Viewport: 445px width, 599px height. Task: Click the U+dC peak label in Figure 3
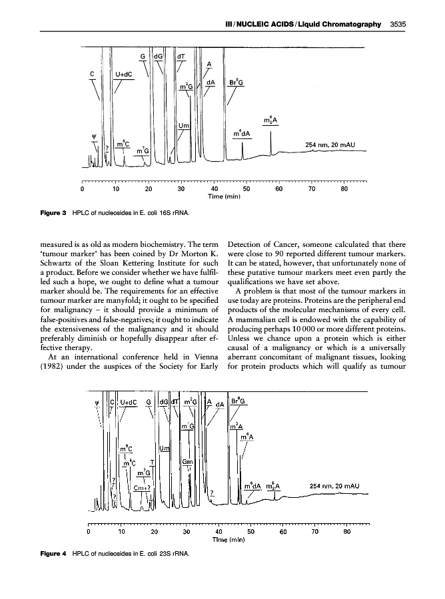point(123,75)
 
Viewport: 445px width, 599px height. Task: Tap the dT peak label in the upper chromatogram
point(181,57)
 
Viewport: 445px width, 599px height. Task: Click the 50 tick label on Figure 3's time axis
point(246,189)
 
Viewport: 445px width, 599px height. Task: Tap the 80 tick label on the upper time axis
point(344,189)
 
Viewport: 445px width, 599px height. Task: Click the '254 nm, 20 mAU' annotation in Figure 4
point(335,485)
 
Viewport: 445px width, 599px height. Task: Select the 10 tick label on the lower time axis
point(121,531)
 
